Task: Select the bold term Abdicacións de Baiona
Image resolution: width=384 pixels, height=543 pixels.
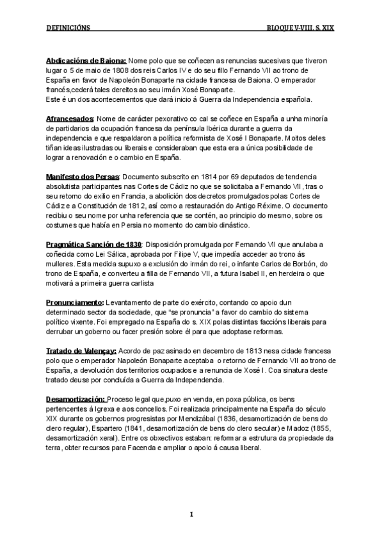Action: point(86,60)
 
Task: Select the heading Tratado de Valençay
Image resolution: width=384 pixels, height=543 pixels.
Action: point(81,351)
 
